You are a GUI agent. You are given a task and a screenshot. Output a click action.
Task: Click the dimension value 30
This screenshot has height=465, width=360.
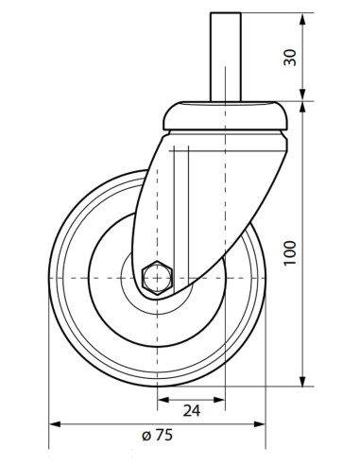(290, 58)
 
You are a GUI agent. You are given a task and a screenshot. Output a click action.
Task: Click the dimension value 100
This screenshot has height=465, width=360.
(290, 253)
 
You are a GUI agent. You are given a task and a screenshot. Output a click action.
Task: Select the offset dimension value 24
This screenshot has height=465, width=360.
(192, 411)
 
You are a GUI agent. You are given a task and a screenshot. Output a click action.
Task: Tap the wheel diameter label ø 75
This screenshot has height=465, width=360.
(157, 435)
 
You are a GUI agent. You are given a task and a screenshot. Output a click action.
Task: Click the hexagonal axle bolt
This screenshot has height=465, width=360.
(157, 278)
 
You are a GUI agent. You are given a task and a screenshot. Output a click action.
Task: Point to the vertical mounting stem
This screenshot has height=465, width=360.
(226, 57)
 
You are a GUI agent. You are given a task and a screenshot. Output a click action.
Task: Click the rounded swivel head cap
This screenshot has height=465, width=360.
(225, 115)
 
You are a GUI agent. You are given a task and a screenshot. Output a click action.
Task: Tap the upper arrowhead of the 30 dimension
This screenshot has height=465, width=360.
(302, 19)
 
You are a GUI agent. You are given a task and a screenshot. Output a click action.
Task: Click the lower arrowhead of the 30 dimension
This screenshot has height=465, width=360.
(302, 95)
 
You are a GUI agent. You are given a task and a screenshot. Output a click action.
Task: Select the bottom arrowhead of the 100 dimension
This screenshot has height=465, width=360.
(302, 380)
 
